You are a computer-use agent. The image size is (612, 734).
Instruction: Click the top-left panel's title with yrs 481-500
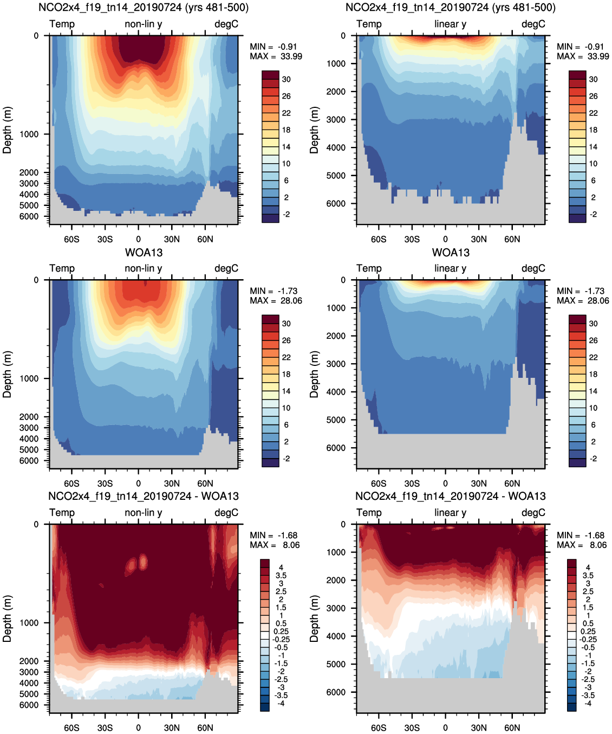(144, 8)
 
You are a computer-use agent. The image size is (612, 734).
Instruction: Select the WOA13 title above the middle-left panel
(144, 253)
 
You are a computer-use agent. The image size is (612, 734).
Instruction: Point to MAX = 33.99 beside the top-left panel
(276, 56)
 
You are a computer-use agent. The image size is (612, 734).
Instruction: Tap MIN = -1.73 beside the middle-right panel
(583, 291)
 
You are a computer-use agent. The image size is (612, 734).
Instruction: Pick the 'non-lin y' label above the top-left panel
(144, 24)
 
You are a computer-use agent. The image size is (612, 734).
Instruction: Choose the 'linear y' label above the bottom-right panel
(450, 513)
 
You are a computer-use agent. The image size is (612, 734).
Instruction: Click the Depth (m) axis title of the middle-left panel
(7, 374)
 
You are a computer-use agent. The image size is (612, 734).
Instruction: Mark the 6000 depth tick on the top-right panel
(336, 204)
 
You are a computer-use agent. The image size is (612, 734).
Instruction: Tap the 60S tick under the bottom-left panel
(71, 727)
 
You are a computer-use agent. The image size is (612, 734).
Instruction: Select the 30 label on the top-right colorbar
(594, 79)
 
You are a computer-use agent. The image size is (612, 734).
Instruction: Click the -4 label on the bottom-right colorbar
(588, 704)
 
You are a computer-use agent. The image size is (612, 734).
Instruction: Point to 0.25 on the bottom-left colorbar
(281, 632)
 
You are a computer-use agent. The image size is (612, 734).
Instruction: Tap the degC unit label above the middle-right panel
(533, 268)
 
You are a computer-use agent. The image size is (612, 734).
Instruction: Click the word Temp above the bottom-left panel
(62, 513)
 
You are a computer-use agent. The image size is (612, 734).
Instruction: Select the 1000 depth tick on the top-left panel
(29, 134)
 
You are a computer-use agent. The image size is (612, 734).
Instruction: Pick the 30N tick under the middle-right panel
(479, 484)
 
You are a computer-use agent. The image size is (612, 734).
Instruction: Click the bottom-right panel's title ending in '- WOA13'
(450, 496)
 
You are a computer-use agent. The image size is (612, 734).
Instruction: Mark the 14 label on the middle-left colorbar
(286, 391)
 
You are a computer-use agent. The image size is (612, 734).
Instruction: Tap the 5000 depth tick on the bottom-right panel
(336, 664)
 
